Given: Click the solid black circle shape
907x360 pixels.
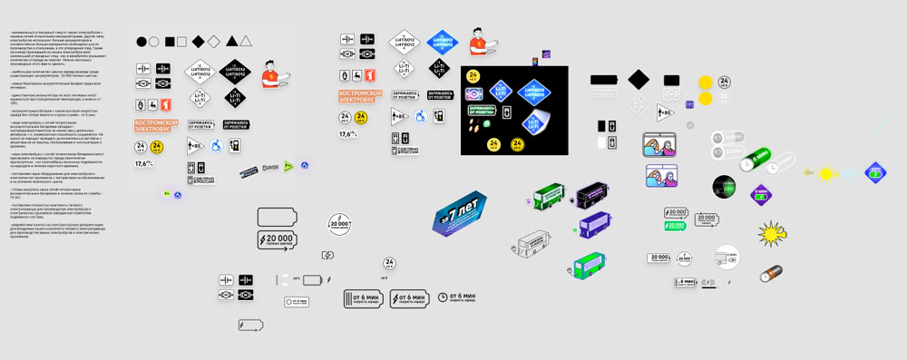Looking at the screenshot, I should [141, 42].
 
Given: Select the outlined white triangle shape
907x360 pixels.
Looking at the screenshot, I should [246, 42].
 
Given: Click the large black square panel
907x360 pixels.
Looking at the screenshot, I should [514, 111].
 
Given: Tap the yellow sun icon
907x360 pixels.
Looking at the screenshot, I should [825, 172].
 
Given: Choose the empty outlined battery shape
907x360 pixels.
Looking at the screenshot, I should [278, 217].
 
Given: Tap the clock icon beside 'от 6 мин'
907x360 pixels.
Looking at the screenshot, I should [442, 297].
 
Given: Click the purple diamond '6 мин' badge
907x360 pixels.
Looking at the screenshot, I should [876, 170].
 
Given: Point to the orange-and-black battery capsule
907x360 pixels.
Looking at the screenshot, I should [773, 271].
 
